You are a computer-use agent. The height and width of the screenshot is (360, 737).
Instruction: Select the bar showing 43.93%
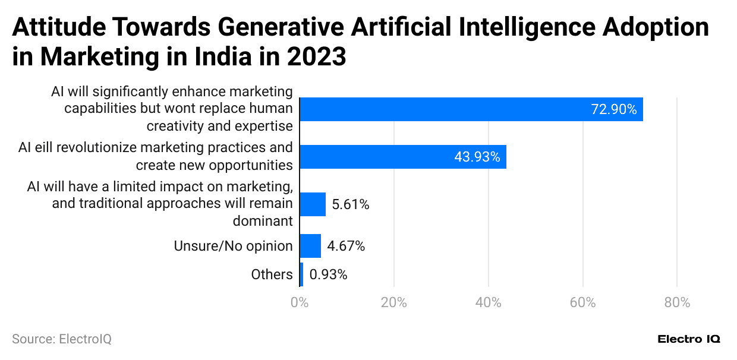tap(402, 157)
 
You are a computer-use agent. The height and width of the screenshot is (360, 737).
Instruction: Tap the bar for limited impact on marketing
tap(313, 204)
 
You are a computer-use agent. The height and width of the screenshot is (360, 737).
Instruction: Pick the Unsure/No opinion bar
tap(310, 246)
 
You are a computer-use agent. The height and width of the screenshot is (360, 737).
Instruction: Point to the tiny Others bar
tap(301, 274)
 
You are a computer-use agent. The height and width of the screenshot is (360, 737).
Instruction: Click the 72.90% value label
tap(613, 109)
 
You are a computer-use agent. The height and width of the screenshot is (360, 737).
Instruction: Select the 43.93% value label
tap(477, 157)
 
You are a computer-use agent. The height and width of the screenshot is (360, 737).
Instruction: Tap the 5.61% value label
tap(351, 205)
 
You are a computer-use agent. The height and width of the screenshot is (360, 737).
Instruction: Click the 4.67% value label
tap(346, 246)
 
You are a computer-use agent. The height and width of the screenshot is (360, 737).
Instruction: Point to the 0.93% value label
tap(328, 274)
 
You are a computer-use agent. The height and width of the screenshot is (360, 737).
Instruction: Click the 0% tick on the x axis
tap(300, 302)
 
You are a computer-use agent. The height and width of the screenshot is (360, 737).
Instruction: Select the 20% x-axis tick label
tap(393, 302)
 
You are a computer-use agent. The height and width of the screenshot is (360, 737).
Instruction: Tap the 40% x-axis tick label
tap(488, 302)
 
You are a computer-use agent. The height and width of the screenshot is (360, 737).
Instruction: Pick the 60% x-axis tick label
tap(582, 302)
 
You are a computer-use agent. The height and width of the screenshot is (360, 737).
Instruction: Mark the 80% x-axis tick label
tap(677, 302)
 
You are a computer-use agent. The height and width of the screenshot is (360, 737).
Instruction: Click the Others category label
tap(272, 274)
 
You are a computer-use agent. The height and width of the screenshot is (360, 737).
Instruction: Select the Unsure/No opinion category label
tap(233, 246)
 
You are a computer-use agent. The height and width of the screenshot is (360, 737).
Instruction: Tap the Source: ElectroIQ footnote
tap(62, 339)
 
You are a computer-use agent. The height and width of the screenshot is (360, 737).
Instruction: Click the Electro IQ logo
tap(689, 339)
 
